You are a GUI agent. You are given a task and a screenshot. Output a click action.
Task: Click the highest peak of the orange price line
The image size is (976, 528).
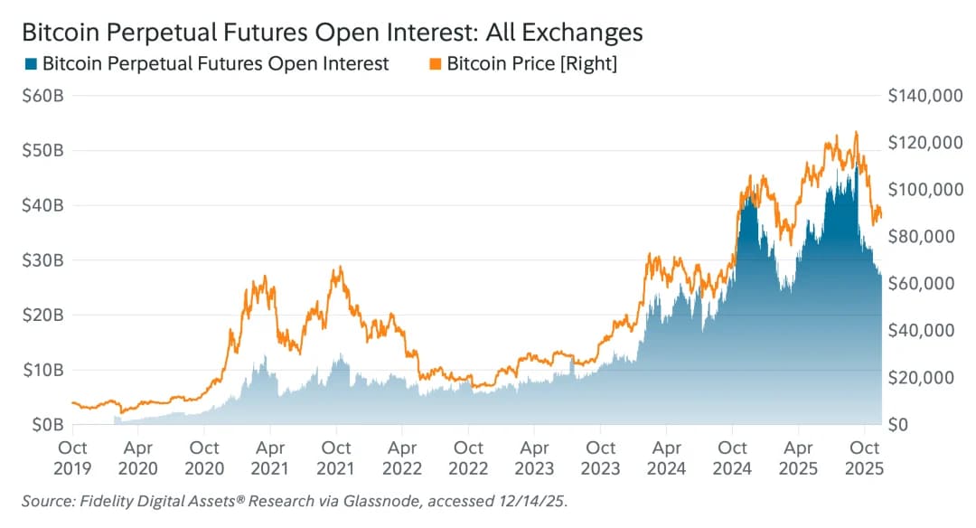tap(855, 132)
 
